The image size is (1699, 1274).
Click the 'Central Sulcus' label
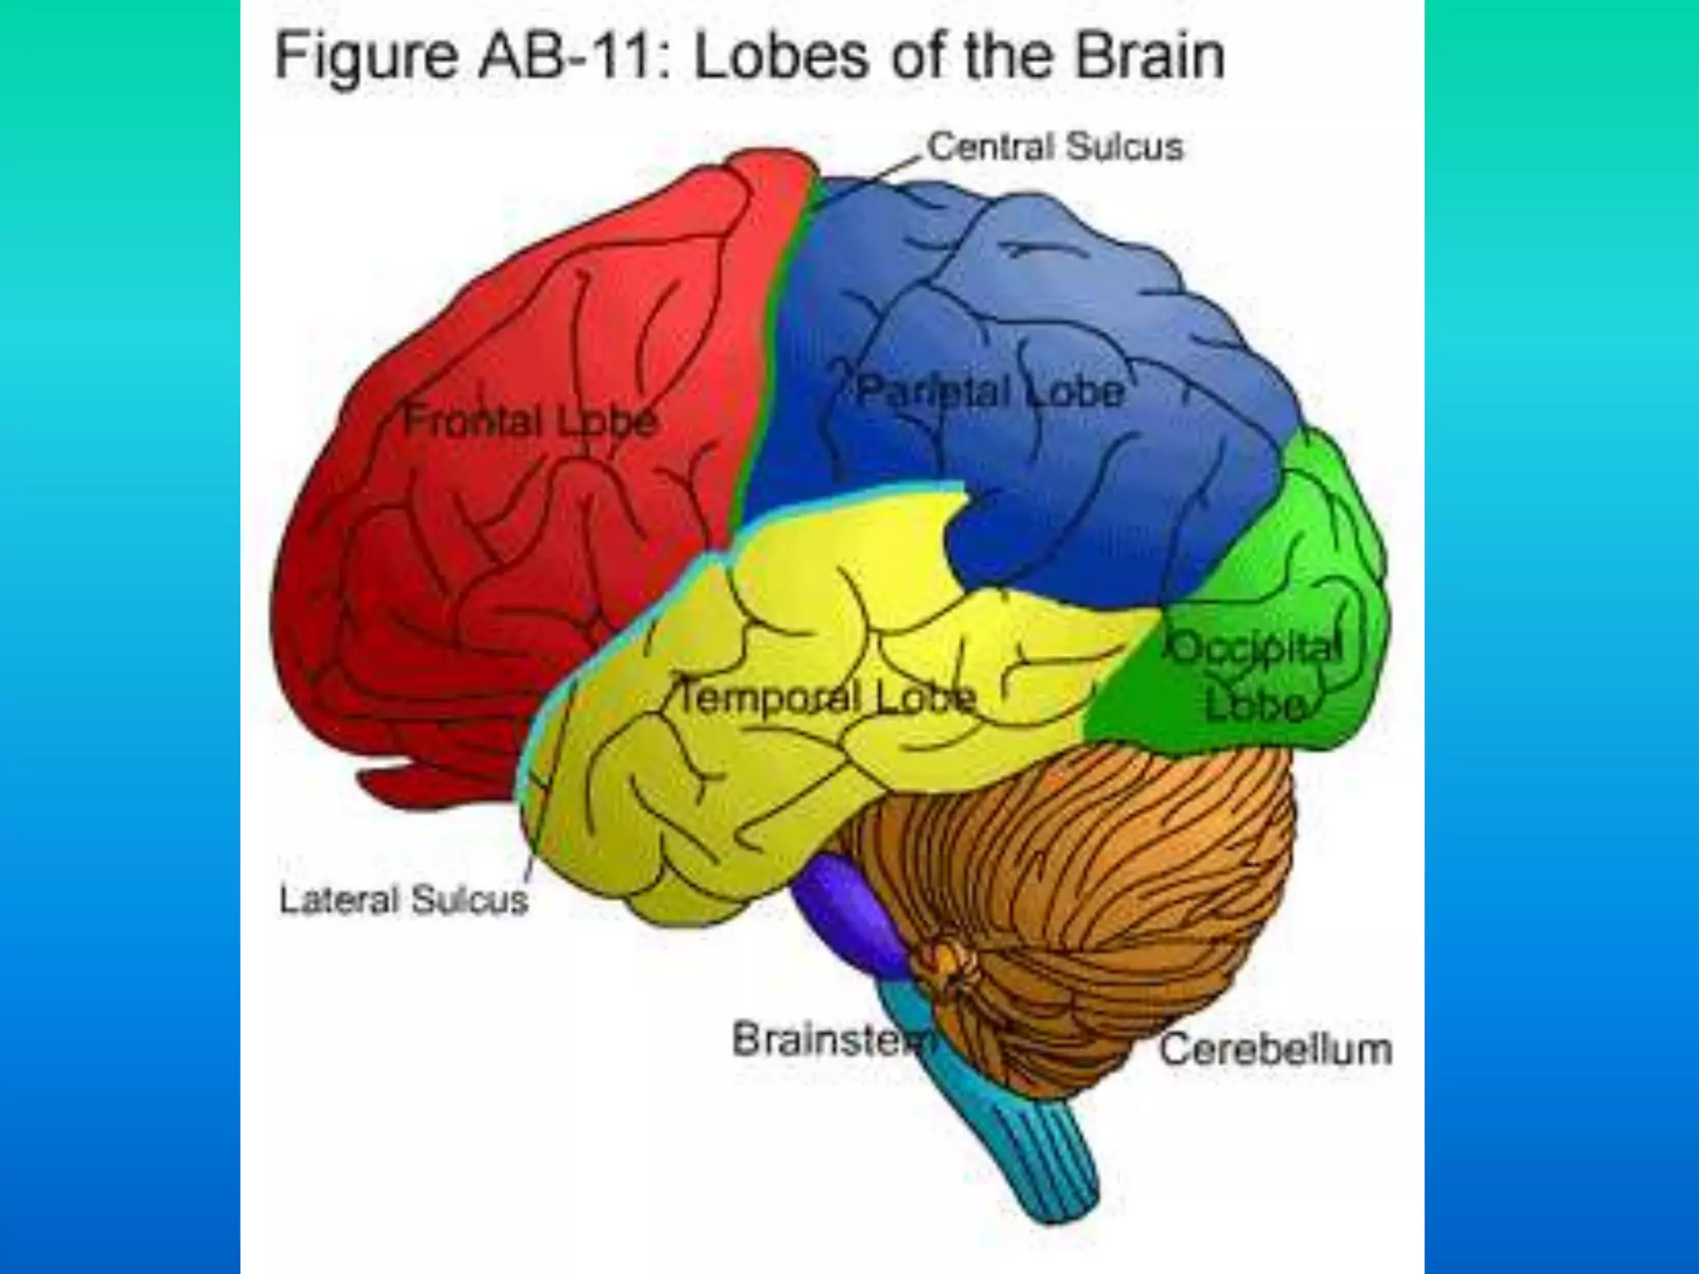(x=1055, y=148)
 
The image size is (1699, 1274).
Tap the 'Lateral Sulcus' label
(x=403, y=900)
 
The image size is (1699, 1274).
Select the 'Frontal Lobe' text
(x=530, y=421)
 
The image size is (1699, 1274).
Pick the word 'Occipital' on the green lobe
(x=1255, y=648)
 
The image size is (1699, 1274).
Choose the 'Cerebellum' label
(x=1275, y=1049)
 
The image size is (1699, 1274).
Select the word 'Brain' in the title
(x=1148, y=56)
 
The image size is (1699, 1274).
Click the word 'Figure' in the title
(x=366, y=56)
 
